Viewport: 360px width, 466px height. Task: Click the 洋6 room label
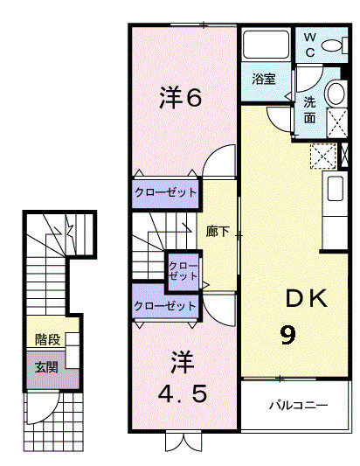click(x=181, y=98)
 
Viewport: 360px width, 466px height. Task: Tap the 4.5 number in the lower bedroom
click(x=183, y=394)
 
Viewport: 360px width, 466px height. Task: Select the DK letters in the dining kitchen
click(x=306, y=299)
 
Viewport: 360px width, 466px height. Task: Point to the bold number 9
click(x=286, y=335)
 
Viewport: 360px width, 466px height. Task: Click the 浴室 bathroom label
click(x=265, y=78)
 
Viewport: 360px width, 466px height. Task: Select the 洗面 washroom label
click(x=310, y=108)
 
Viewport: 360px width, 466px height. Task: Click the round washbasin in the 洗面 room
click(x=334, y=94)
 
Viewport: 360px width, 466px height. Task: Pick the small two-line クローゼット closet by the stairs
click(x=183, y=270)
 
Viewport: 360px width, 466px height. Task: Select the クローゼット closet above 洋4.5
click(x=165, y=306)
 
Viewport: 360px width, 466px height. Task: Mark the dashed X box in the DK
click(x=322, y=157)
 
